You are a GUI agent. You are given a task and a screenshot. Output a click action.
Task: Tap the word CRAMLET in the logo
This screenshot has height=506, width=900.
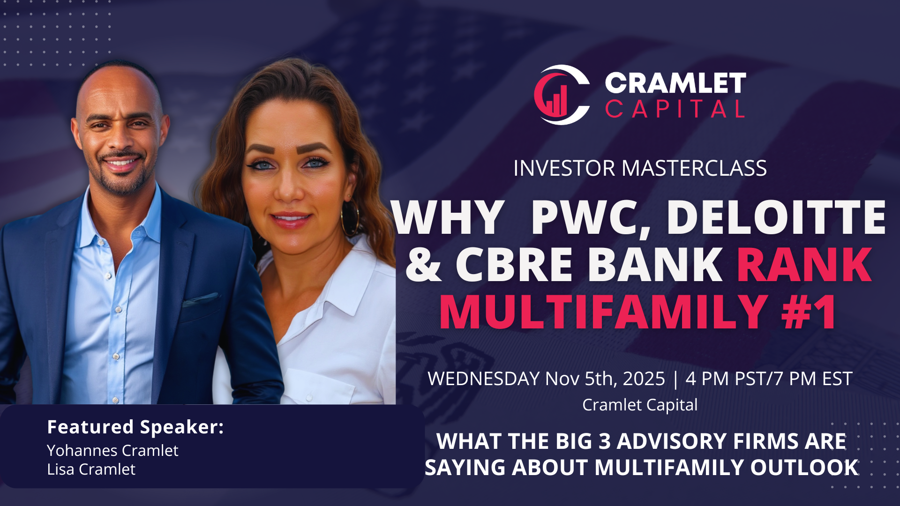pos(675,83)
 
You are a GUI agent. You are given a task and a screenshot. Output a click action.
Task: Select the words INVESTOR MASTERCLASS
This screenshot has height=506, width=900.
pos(640,168)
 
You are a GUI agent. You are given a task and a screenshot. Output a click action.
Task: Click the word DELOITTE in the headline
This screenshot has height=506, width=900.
pos(776,218)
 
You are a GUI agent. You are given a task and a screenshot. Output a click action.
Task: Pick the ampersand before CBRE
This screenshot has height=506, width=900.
pos(423,265)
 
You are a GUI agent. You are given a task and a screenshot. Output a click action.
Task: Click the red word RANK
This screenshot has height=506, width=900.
pos(804,265)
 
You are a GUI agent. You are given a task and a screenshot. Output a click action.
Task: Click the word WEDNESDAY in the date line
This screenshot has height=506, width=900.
pos(483,379)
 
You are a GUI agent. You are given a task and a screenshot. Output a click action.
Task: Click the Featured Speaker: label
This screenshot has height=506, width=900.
pos(135,427)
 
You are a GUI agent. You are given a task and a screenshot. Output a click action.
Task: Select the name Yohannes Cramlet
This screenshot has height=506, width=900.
pos(112,451)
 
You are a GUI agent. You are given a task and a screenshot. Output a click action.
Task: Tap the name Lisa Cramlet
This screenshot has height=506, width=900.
pos(91,469)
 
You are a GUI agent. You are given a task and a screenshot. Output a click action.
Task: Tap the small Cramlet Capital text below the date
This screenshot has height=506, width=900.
pos(640,405)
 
